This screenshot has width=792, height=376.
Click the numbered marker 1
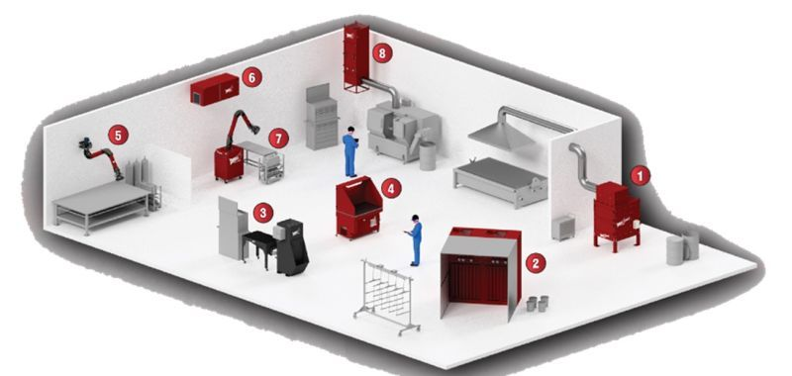point(640,176)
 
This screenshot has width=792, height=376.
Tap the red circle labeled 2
point(536,263)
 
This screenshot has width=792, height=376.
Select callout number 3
point(262,213)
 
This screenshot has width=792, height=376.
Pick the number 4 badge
point(391,188)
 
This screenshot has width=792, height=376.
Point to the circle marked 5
point(118,135)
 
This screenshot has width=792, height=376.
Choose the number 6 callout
point(252,77)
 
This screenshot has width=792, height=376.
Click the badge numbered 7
point(278,138)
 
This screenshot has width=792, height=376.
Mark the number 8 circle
point(382,53)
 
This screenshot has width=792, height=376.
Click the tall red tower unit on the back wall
point(356,58)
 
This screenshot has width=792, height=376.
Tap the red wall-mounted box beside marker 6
point(215,89)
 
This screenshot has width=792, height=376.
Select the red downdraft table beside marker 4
point(359,208)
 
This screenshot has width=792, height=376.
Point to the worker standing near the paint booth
point(415,239)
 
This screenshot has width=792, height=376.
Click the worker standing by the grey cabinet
point(350,151)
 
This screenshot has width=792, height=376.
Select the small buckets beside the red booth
point(537,304)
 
